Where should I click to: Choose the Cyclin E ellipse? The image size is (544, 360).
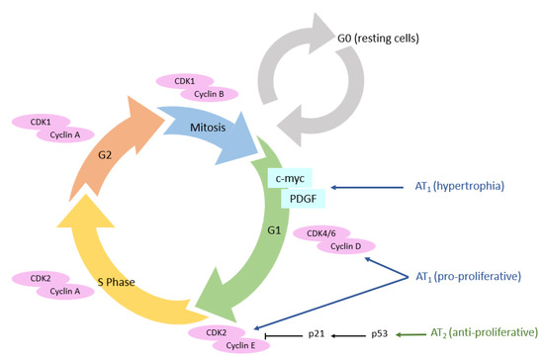click(x=234, y=344)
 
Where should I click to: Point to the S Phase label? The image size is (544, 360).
click(x=108, y=281)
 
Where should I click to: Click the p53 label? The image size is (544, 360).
click(x=381, y=335)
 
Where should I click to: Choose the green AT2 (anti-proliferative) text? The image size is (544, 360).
click(x=486, y=335)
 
